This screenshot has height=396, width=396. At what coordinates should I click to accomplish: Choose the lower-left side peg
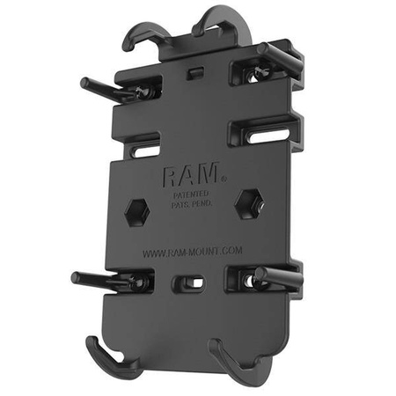(x=93, y=282)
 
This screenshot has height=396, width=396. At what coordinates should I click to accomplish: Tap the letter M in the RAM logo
(x=212, y=173)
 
